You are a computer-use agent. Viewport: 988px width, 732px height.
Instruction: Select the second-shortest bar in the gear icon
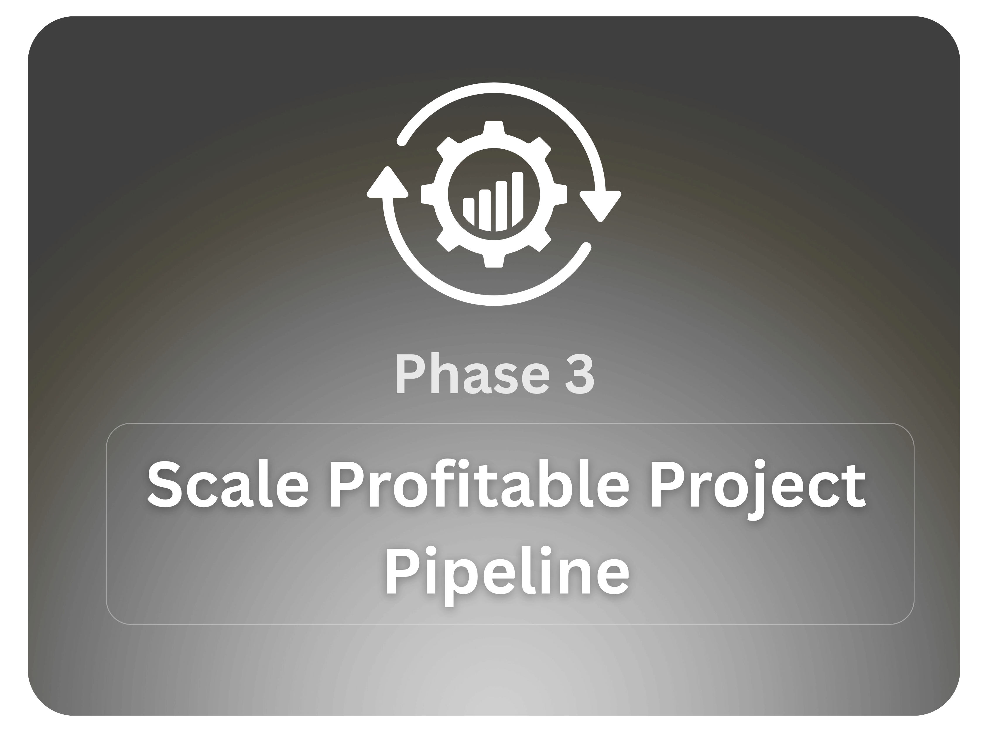point(485,210)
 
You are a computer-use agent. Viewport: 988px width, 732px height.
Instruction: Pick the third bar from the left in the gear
point(501,206)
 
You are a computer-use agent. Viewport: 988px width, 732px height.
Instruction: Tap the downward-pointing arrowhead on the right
point(600,206)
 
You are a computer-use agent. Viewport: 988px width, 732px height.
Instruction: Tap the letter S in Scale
point(164,485)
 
